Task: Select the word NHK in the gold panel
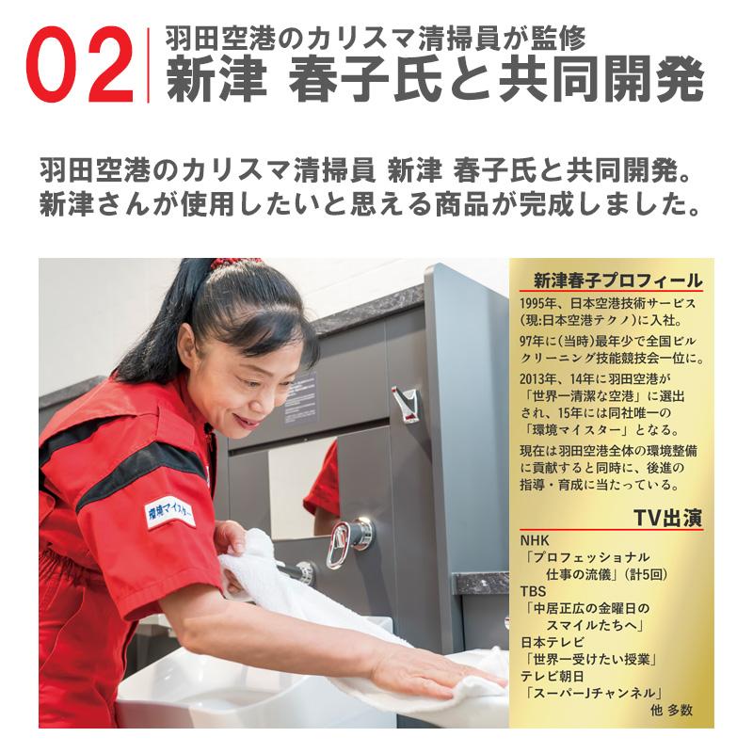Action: (534, 540)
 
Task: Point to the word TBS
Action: (533, 591)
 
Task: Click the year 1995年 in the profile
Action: (541, 303)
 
